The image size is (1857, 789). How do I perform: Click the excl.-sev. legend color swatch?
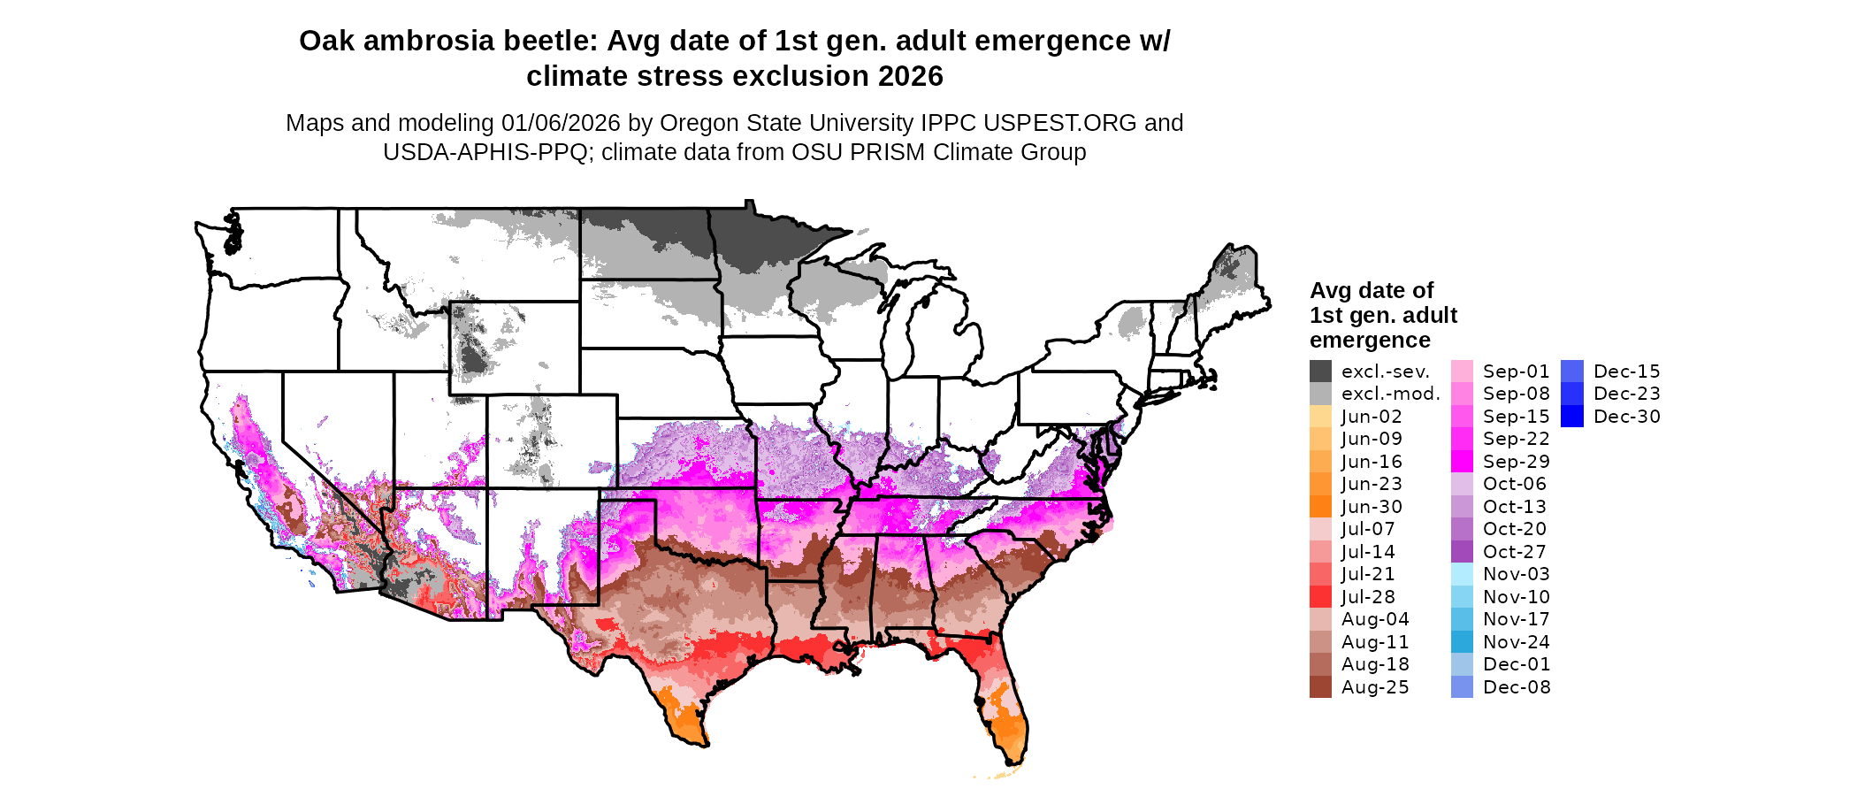point(1320,372)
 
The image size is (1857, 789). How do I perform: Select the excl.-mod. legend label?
point(1390,394)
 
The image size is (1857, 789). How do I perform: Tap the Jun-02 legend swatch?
point(1320,417)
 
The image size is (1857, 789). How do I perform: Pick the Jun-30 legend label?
point(1372,507)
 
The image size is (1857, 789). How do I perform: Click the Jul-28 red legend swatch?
point(1320,597)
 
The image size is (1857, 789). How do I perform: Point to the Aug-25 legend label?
point(1375,687)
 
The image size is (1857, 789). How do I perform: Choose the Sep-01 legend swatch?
point(1462,372)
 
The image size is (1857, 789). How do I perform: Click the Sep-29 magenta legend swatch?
point(1462,462)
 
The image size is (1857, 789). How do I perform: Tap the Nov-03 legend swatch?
point(1462,574)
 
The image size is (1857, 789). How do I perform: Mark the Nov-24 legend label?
point(1517,642)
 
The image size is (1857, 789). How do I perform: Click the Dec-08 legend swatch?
point(1462,687)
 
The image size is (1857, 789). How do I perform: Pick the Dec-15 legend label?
point(1627,372)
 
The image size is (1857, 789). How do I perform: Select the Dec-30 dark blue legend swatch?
point(1572,417)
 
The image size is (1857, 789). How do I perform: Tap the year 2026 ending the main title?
point(911,77)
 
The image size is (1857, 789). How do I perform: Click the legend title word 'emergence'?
point(1370,341)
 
